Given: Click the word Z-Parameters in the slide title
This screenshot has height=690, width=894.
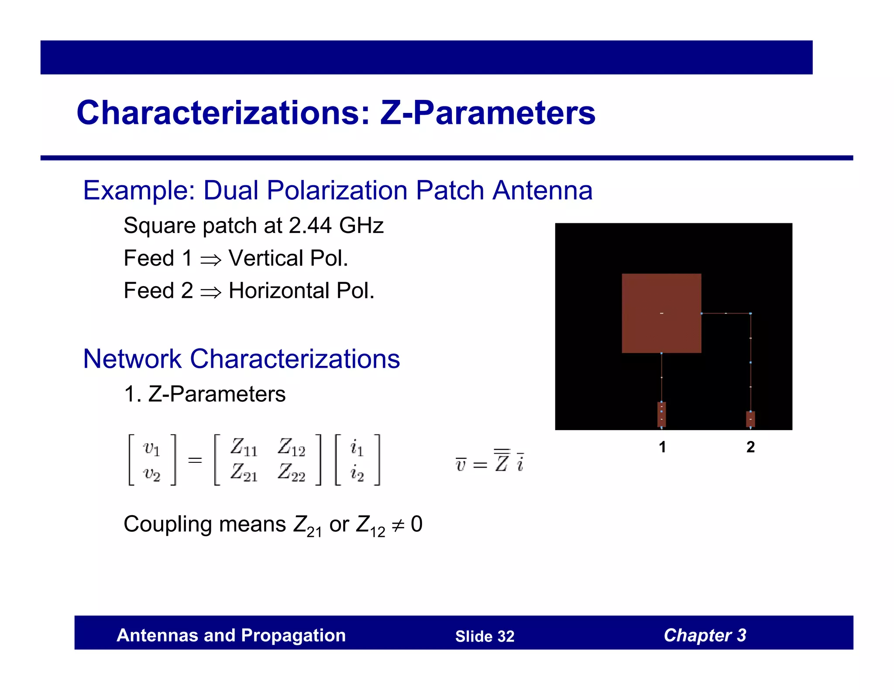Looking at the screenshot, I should (487, 113).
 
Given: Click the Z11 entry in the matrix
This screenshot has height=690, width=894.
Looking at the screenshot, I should (244, 447).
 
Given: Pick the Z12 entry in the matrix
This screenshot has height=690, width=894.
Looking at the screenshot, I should (291, 447).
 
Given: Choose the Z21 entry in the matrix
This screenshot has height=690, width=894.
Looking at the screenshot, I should (244, 473).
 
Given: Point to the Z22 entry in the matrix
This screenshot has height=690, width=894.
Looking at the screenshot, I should (291, 473).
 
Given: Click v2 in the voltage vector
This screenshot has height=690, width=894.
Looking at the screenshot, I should (151, 474).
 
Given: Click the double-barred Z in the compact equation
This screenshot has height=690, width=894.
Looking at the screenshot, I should (502, 461).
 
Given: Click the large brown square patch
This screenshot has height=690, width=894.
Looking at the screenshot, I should (661, 313).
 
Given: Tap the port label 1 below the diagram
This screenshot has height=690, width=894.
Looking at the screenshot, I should (662, 447).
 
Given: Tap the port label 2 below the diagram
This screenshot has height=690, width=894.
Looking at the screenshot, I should (750, 447).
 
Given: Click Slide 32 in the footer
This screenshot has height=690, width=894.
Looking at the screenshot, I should (485, 636).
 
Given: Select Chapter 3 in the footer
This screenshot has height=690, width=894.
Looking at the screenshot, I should (705, 635).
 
